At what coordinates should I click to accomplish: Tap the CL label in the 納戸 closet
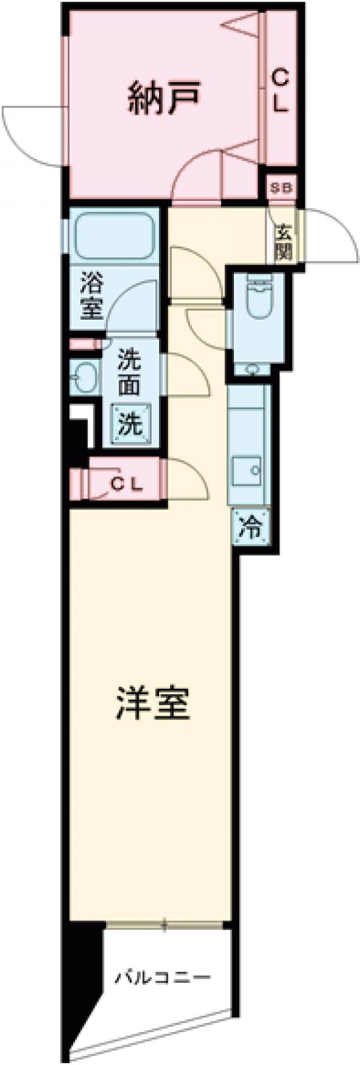tap(281, 91)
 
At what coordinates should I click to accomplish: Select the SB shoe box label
tap(280, 188)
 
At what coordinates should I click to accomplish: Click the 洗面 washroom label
tap(129, 373)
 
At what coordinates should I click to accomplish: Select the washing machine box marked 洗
tap(130, 424)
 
